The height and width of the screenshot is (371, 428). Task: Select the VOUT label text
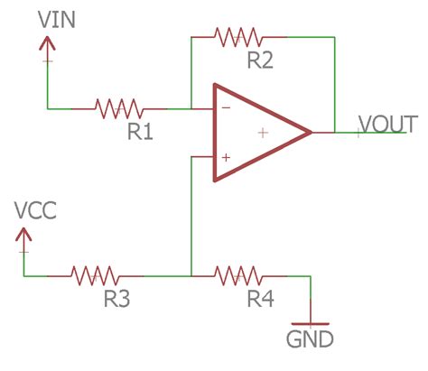387,122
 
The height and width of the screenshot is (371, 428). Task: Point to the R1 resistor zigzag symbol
118,108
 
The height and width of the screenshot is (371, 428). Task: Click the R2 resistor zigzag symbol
238,37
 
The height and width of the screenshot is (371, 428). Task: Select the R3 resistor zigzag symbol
95,274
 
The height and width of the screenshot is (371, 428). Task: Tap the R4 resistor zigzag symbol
237,274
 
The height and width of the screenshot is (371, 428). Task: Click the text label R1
139,132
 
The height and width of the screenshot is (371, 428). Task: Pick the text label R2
261,61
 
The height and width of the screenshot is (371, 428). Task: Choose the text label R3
116,299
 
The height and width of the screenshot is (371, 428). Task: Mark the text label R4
260,299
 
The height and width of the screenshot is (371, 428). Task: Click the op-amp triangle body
254,133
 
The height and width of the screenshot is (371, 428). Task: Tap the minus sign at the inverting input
225,108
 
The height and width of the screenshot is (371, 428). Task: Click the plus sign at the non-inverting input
225,157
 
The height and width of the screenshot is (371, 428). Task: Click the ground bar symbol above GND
310,322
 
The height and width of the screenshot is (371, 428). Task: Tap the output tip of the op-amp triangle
310,133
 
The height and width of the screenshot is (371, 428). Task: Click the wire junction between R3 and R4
191,274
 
